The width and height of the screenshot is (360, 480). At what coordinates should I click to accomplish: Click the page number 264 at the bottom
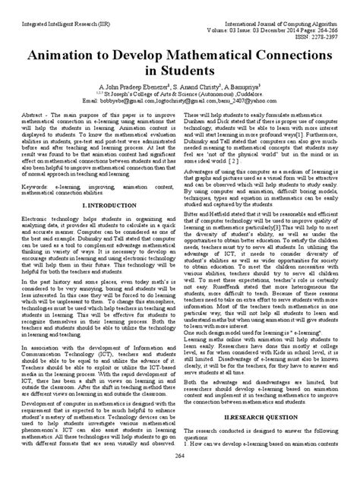pos(179,472)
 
